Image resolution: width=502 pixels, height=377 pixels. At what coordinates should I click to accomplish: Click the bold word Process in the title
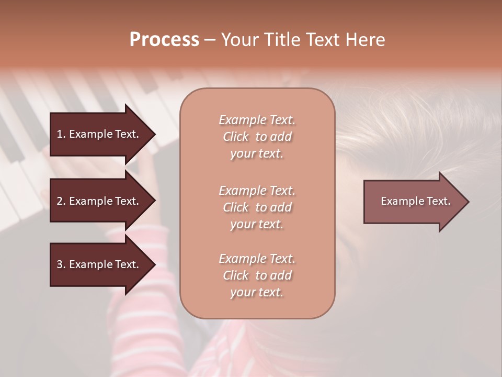164,40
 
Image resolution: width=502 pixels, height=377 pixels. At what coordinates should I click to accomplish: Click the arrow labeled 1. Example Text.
98,134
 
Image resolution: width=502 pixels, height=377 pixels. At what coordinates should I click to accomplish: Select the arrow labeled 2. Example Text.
98,201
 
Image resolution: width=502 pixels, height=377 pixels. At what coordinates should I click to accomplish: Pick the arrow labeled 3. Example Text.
98,264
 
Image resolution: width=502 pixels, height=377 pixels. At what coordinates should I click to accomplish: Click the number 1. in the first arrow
61,134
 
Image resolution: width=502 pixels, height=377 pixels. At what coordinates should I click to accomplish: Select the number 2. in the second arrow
61,201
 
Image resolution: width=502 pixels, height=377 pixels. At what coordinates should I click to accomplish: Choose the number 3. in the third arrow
61,264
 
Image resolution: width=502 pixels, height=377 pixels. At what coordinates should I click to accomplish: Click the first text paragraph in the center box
257,137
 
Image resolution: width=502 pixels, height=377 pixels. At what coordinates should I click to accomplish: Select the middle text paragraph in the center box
257,207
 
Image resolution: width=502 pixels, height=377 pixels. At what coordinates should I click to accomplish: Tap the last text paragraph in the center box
257,275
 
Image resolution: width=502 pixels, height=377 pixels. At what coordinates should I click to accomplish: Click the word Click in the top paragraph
236,137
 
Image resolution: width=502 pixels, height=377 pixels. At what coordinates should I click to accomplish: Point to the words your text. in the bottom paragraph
257,292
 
